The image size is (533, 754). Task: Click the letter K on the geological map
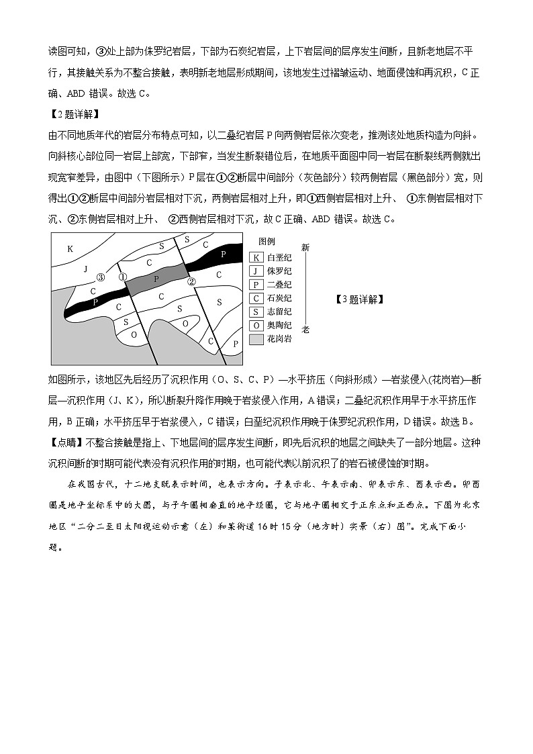pyautogui.click(x=70, y=248)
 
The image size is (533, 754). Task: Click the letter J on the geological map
pyautogui.click(x=85, y=269)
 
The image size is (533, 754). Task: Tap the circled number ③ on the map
pyautogui.click(x=101, y=277)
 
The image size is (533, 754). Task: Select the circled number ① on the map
pyautogui.click(x=122, y=277)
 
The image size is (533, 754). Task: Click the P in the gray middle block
pyautogui.click(x=156, y=278)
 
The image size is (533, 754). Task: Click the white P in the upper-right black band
pyautogui.click(x=223, y=254)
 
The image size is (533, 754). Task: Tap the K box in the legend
pyautogui.click(x=256, y=257)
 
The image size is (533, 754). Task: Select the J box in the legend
pyautogui.click(x=256, y=271)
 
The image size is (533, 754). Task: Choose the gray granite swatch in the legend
pyautogui.click(x=256, y=339)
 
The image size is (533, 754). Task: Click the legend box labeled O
pyautogui.click(x=256, y=326)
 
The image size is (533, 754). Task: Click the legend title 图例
pyautogui.click(x=266, y=242)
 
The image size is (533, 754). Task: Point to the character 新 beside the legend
pyautogui.click(x=305, y=247)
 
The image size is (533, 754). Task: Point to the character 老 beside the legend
pyautogui.click(x=305, y=330)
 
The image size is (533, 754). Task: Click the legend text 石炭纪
pyautogui.click(x=279, y=298)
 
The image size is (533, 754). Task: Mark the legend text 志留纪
pyautogui.click(x=279, y=312)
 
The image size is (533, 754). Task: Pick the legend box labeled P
pyautogui.click(x=256, y=285)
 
